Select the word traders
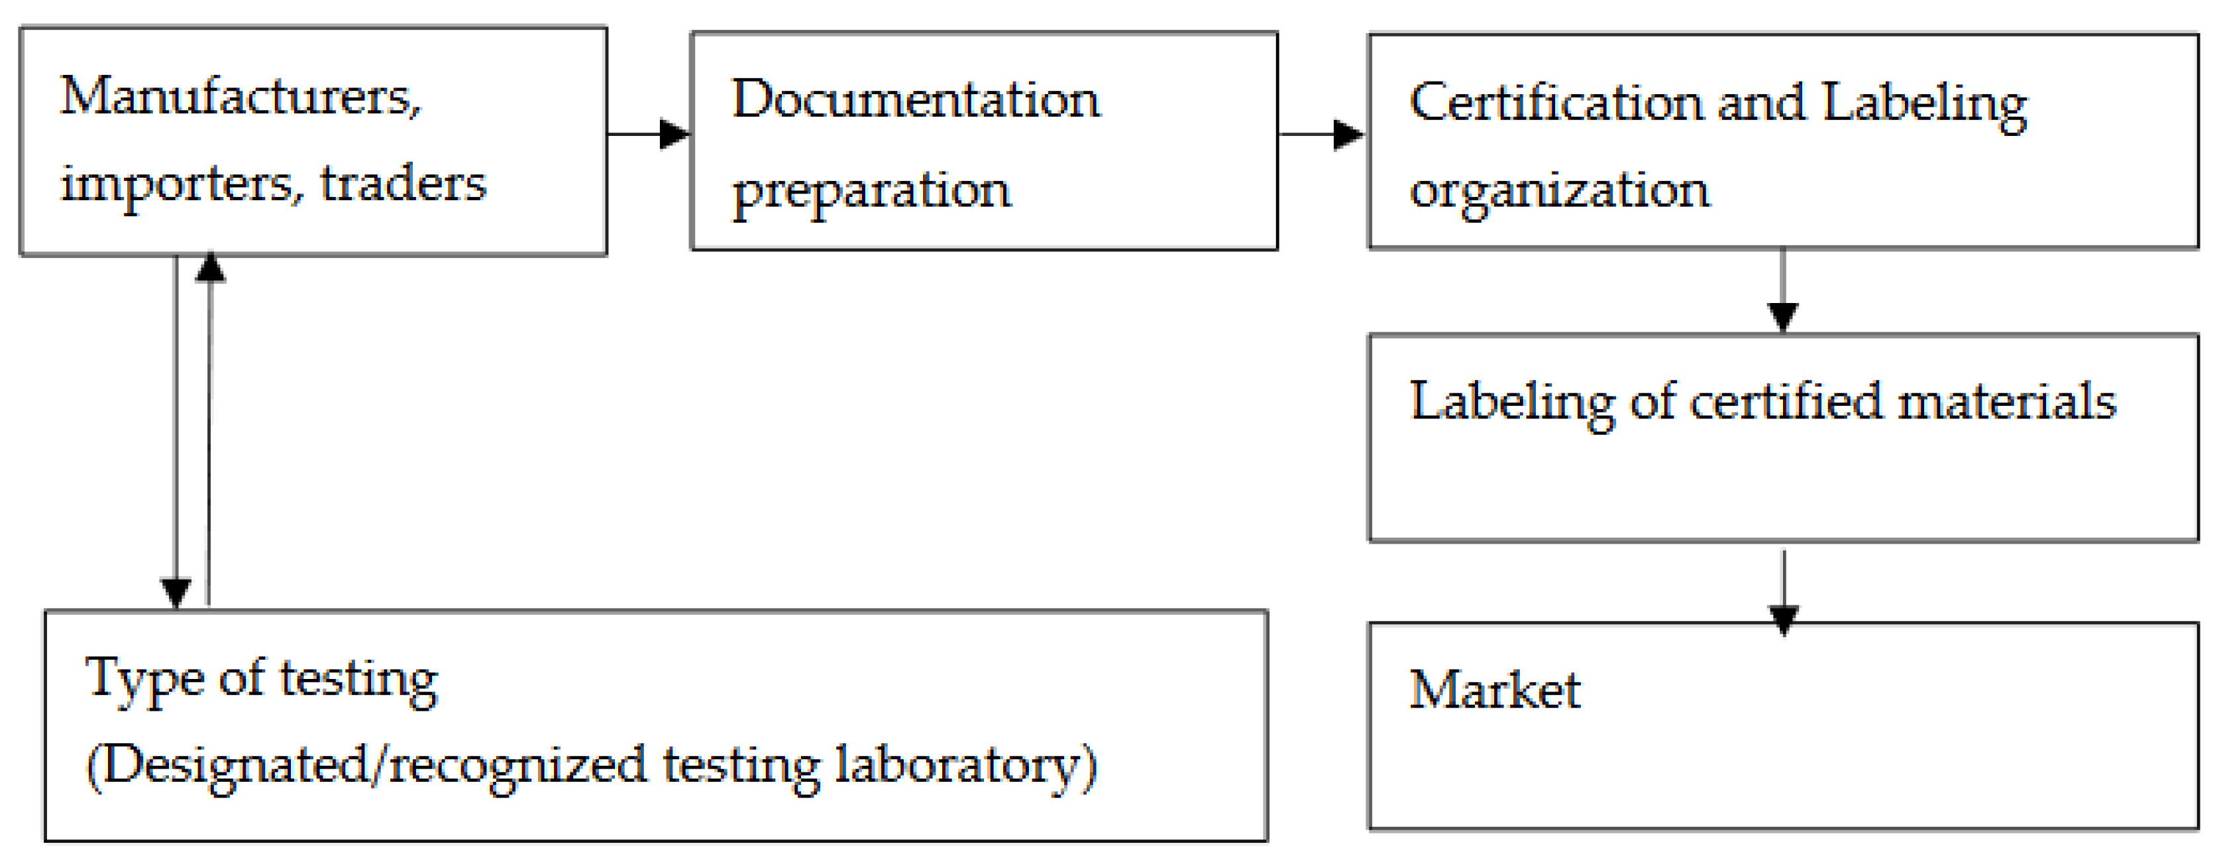(x=403, y=184)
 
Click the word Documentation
(x=916, y=100)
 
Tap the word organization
(x=1560, y=191)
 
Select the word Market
(x=1494, y=690)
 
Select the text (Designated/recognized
(x=366, y=766)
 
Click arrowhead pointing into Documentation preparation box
(x=675, y=135)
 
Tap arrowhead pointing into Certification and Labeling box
(x=1348, y=135)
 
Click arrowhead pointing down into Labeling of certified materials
(x=1782, y=317)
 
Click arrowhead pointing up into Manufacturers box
(x=210, y=268)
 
